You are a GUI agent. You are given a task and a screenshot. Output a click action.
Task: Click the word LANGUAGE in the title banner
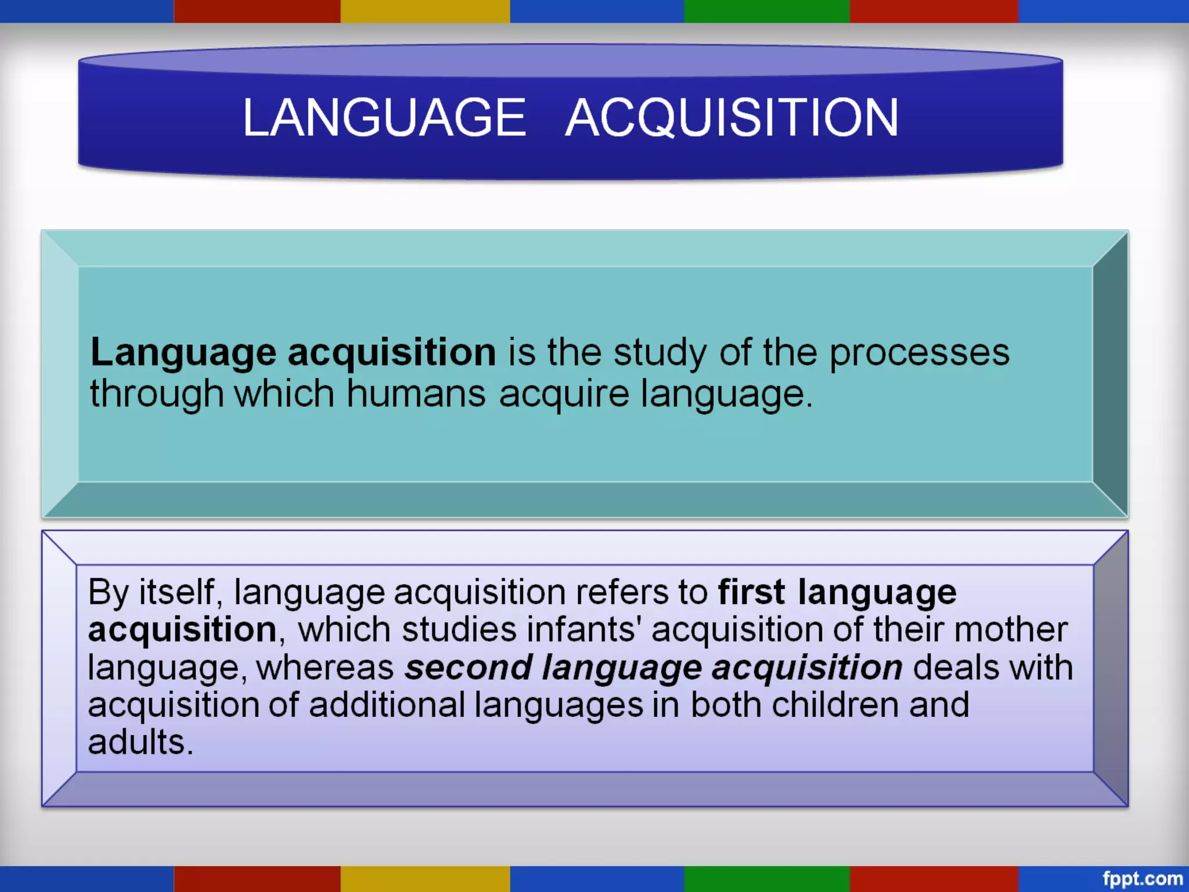pyautogui.click(x=384, y=117)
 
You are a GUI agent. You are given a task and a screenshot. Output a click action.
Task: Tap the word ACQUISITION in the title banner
pyautogui.click(x=732, y=117)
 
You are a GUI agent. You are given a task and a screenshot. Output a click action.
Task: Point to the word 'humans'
pyautogui.click(x=416, y=394)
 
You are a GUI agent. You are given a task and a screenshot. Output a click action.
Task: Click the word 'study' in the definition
pyautogui.click(x=660, y=353)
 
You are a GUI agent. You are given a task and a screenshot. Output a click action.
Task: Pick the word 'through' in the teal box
pyautogui.click(x=156, y=394)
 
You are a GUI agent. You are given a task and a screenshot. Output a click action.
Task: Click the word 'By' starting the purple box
pyautogui.click(x=108, y=593)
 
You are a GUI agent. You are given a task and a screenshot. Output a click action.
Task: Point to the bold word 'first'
pyautogui.click(x=751, y=593)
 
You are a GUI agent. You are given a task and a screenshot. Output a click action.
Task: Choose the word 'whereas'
pyautogui.click(x=325, y=668)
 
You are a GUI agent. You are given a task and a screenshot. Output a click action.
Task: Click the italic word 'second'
pyautogui.click(x=468, y=668)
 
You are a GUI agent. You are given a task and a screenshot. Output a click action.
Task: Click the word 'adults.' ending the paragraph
pyautogui.click(x=140, y=742)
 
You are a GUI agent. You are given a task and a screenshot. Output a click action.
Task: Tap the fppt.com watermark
pyautogui.click(x=1142, y=878)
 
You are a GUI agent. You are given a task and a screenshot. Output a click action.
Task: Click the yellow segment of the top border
pyautogui.click(x=425, y=11)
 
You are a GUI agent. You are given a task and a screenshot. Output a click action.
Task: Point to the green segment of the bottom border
pyautogui.click(x=766, y=879)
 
